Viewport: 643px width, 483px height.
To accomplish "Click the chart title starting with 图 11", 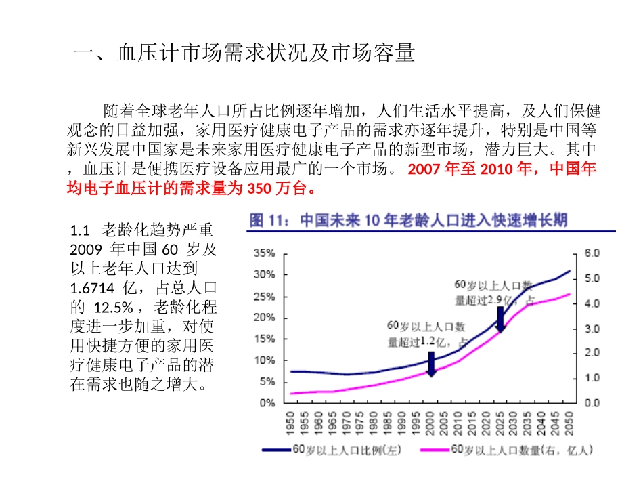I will click(409, 219).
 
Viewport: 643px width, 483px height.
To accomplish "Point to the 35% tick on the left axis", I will click(264, 253).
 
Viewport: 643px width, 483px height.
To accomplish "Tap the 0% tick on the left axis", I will click(267, 403).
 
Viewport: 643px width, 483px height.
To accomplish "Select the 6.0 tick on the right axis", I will click(592, 253).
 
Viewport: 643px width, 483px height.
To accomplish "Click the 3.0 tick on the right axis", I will click(592, 328).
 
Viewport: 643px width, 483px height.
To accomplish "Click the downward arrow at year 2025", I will click(500, 318).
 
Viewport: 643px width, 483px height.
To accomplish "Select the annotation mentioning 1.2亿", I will click(426, 334).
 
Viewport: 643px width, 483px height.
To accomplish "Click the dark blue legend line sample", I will click(278, 448).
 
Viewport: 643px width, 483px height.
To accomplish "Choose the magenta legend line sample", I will click(426, 448).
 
